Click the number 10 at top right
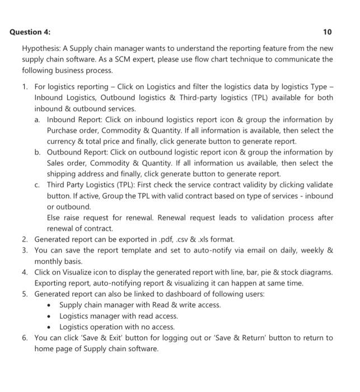pyautogui.click(x=328, y=31)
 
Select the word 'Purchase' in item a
pyautogui.click(x=63, y=130)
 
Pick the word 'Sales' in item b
pyautogui.click(x=57, y=163)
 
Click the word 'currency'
pyautogui.click(x=63, y=142)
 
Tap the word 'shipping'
pyautogui.click(x=62, y=174)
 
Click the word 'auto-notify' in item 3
pyautogui.click(x=197, y=250)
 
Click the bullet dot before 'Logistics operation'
pyautogui.click(x=50, y=327)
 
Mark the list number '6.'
pyautogui.click(x=26, y=338)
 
